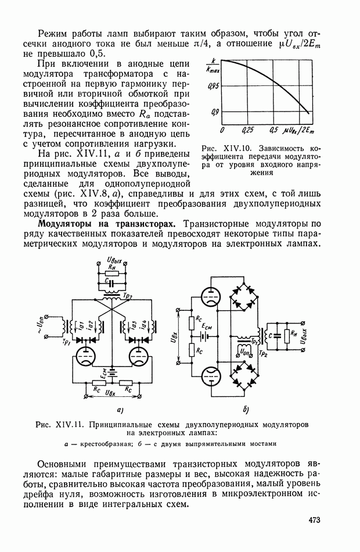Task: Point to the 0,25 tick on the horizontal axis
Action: click(x=248, y=130)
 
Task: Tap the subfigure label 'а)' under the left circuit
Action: click(x=119, y=411)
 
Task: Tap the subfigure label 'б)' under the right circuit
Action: click(x=246, y=411)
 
